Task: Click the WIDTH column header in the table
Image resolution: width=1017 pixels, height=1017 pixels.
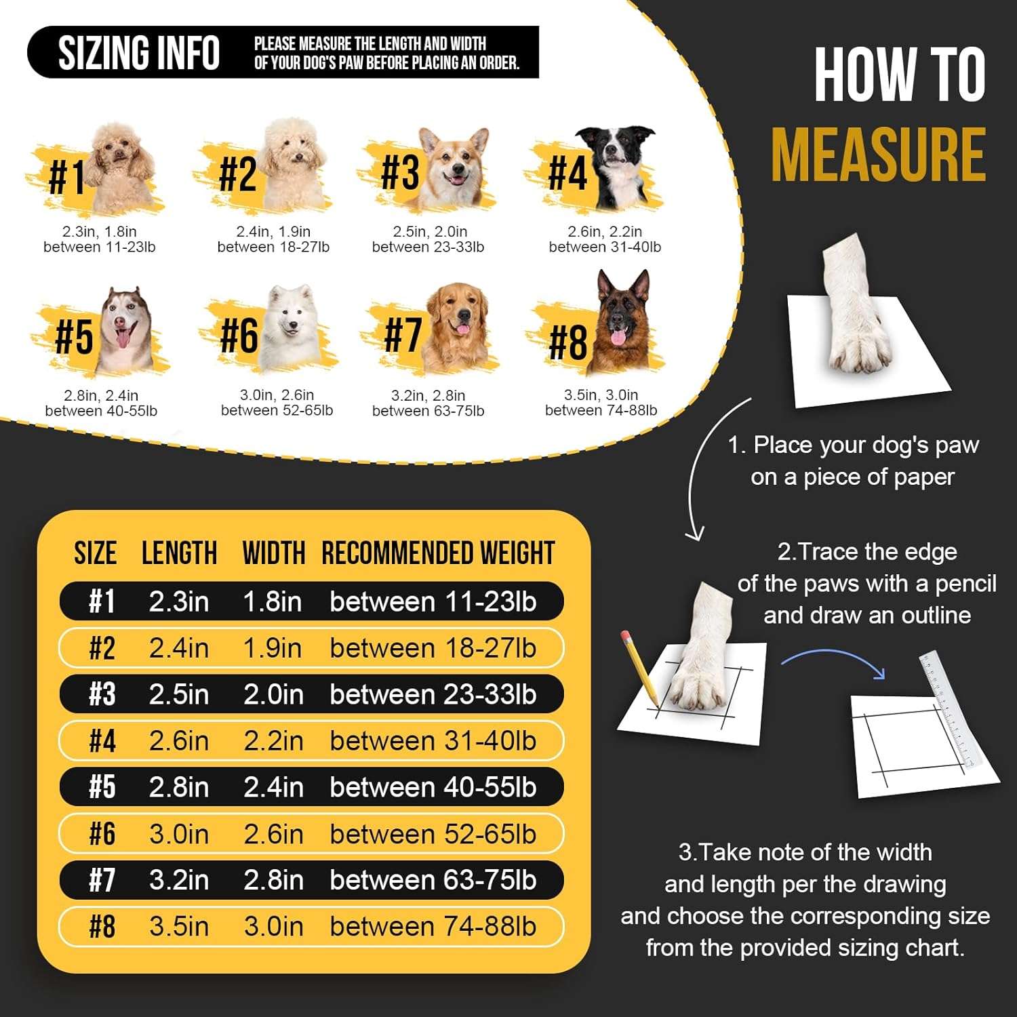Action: (274, 553)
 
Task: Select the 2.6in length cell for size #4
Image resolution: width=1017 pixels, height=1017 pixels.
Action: (179, 740)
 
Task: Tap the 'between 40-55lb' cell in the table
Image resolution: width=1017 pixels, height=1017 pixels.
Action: (433, 787)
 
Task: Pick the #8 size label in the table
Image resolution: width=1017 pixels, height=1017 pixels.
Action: (102, 926)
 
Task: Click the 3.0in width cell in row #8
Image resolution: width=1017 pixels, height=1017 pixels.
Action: (274, 926)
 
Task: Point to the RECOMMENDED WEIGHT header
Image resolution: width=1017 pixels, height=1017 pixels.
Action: (438, 553)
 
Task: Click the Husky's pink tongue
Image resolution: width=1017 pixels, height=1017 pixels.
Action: (123, 337)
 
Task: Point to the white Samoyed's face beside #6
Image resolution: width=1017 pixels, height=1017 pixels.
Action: (290, 319)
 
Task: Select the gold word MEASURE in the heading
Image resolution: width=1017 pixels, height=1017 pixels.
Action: (879, 155)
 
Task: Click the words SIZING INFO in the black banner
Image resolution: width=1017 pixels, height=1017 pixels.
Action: (139, 53)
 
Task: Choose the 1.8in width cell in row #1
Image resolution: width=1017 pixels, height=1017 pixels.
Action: (273, 601)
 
